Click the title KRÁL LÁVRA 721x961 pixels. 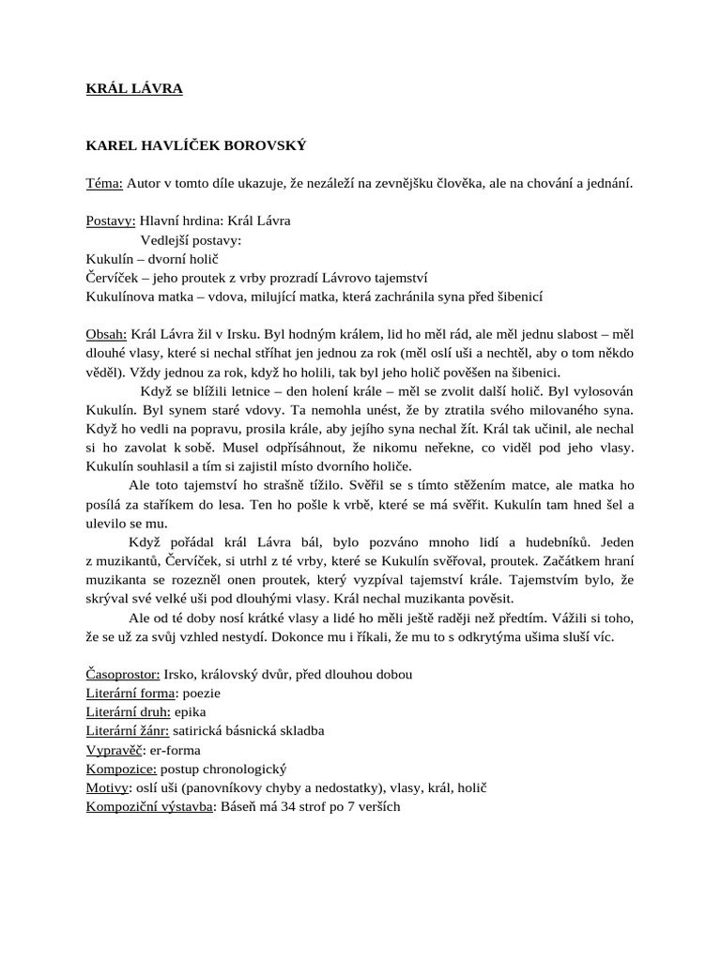[x=134, y=89]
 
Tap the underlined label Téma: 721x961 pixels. [x=104, y=183]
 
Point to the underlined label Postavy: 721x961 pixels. [x=110, y=221]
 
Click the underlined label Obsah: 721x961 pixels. [x=106, y=333]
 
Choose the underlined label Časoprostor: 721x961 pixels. [x=123, y=674]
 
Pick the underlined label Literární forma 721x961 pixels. [x=130, y=693]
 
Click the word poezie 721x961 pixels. [x=203, y=693]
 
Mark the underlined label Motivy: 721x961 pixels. [x=108, y=786]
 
